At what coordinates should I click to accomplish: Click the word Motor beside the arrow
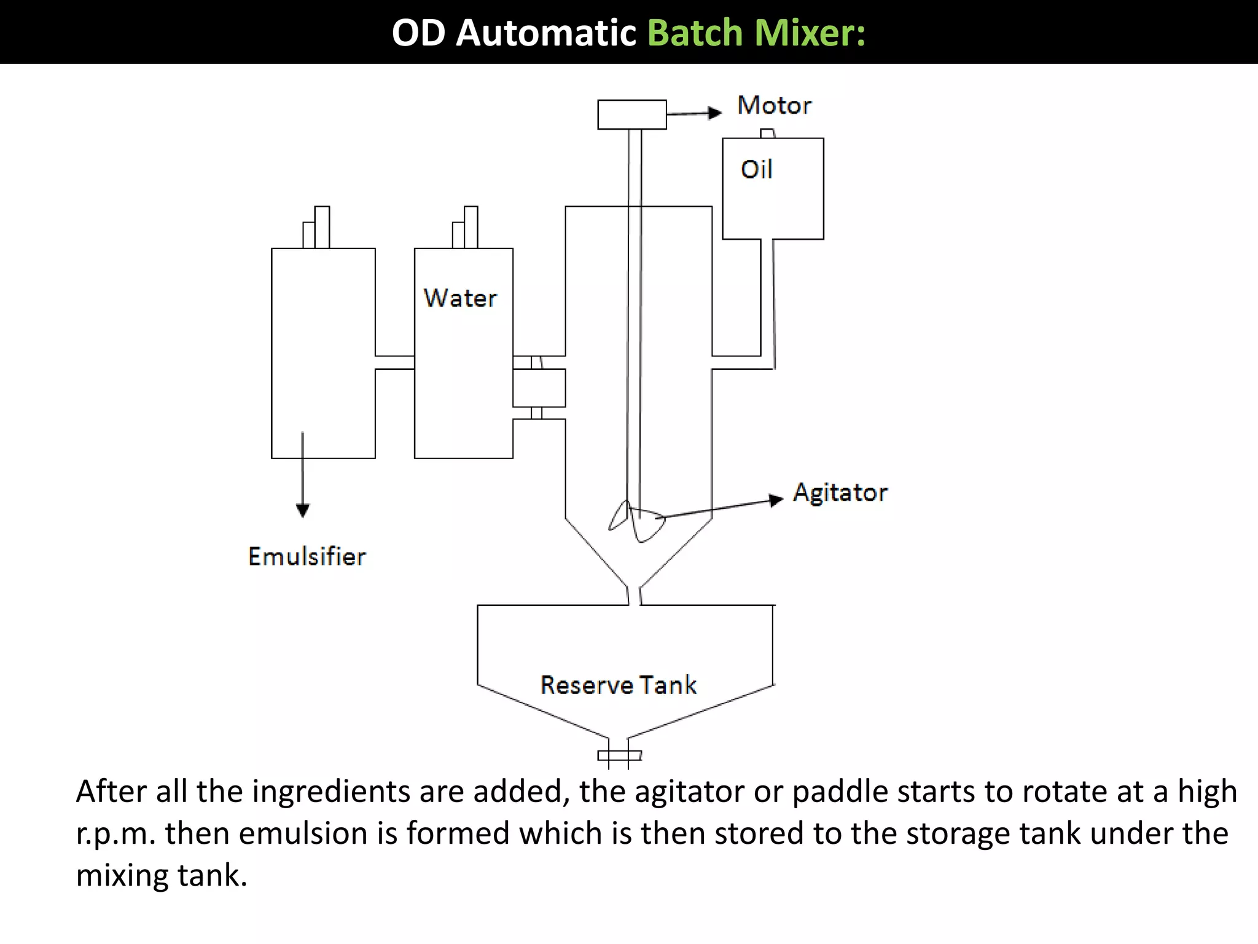(x=774, y=106)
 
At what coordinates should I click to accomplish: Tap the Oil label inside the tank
(x=756, y=170)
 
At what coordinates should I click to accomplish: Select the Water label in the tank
(x=460, y=298)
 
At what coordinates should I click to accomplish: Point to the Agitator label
(x=840, y=493)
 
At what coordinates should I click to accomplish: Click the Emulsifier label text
(x=307, y=557)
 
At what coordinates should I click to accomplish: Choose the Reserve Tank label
(x=619, y=685)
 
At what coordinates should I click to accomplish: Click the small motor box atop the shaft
(x=631, y=114)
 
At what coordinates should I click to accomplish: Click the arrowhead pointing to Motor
(x=714, y=112)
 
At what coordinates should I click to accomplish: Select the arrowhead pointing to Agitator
(x=776, y=500)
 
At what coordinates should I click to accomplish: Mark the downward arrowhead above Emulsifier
(x=302, y=510)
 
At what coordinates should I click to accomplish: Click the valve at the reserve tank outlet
(x=619, y=755)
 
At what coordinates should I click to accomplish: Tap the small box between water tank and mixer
(x=539, y=388)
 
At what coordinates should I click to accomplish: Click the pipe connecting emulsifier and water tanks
(x=394, y=363)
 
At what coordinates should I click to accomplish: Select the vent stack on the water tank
(x=466, y=228)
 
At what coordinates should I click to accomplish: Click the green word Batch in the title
(x=695, y=33)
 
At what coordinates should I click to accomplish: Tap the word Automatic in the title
(x=545, y=33)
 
